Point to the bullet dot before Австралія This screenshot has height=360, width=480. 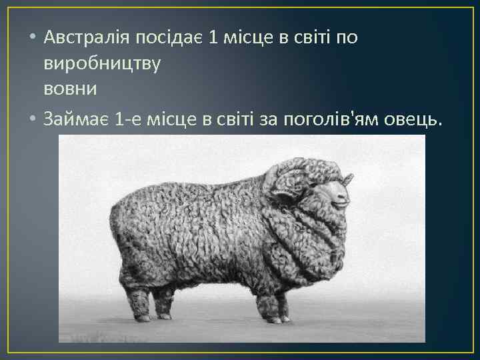click(x=32, y=38)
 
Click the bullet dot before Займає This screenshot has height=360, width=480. click(x=32, y=119)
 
